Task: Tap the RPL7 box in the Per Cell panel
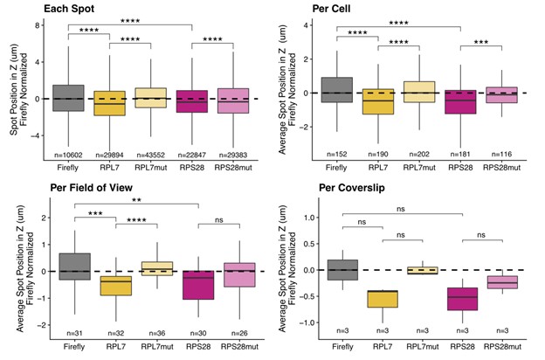point(377,101)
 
